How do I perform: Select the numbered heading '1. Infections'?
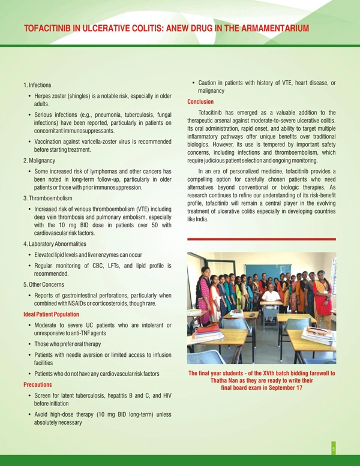point(37,85)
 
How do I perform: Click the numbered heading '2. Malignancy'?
point(39,160)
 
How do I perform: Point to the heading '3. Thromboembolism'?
point(47,198)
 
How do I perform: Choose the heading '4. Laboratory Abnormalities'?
point(55,244)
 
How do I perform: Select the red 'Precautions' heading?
point(37,384)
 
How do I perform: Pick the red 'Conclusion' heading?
point(200,102)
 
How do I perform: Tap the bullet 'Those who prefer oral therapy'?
point(68,344)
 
